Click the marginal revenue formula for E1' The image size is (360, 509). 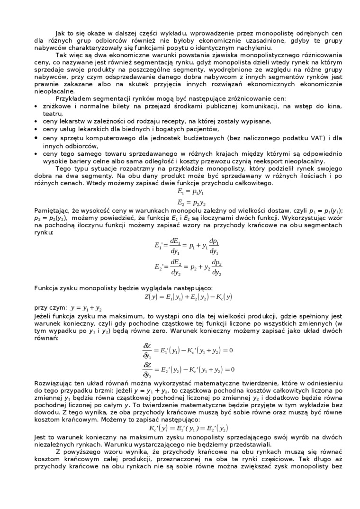(187, 246)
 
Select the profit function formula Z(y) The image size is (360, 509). (188, 297)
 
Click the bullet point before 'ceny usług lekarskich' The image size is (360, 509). (36, 129)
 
